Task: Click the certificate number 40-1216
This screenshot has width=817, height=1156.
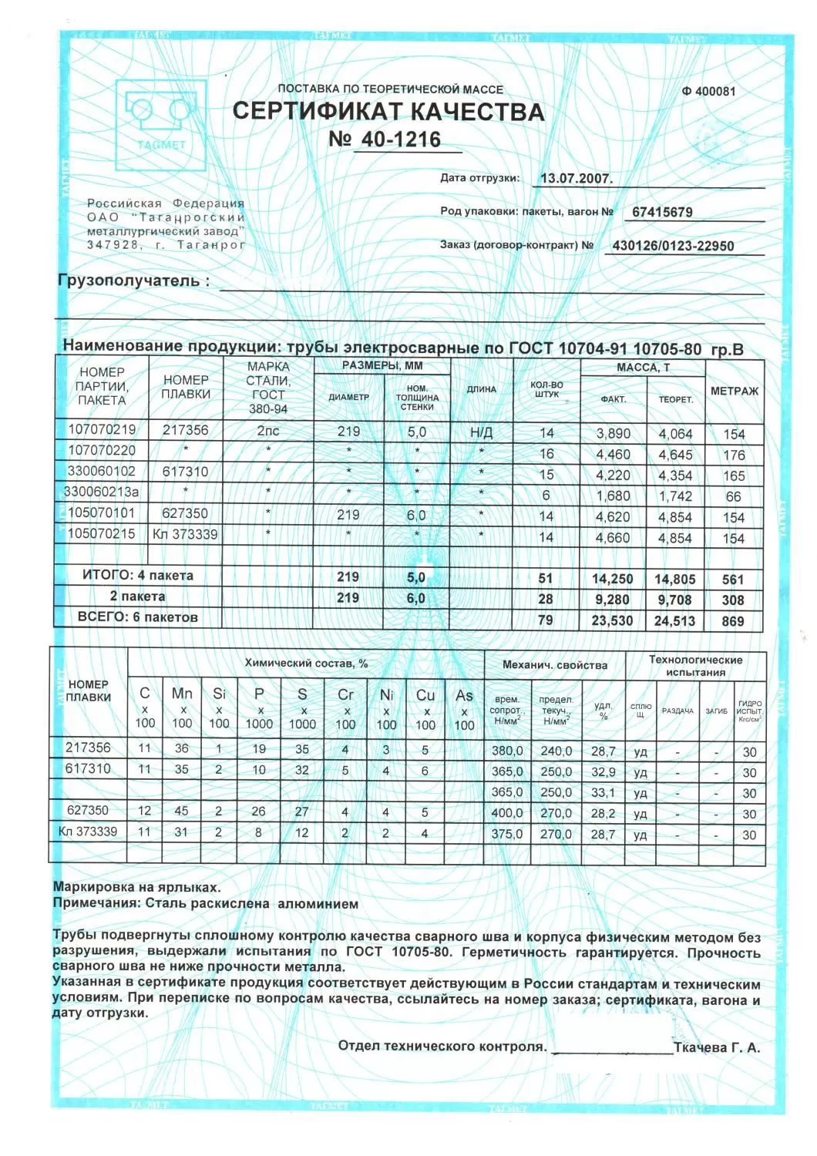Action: point(396,139)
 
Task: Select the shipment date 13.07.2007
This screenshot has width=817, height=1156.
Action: point(576,178)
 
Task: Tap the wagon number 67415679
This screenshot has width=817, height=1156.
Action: point(662,212)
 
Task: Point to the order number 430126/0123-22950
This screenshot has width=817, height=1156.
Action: point(672,246)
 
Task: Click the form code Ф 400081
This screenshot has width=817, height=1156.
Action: point(708,91)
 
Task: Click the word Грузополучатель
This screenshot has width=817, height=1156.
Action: point(133,281)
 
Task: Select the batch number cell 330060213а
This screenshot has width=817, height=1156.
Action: point(101,492)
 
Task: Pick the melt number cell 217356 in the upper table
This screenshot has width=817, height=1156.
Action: point(185,430)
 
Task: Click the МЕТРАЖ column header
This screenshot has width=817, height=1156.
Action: point(734,391)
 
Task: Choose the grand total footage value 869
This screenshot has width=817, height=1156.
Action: point(733,621)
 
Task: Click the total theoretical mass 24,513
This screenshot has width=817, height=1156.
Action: point(674,621)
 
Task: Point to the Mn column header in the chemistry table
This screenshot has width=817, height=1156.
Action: point(182,694)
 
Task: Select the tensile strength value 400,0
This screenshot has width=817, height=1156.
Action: point(507,813)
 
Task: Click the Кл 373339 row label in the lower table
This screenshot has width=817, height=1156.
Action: point(88,832)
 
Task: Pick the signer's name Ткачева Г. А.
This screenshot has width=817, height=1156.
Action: point(717,1047)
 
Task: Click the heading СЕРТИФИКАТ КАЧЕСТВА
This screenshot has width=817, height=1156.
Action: point(388,112)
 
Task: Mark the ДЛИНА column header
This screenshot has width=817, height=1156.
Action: point(481,389)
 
